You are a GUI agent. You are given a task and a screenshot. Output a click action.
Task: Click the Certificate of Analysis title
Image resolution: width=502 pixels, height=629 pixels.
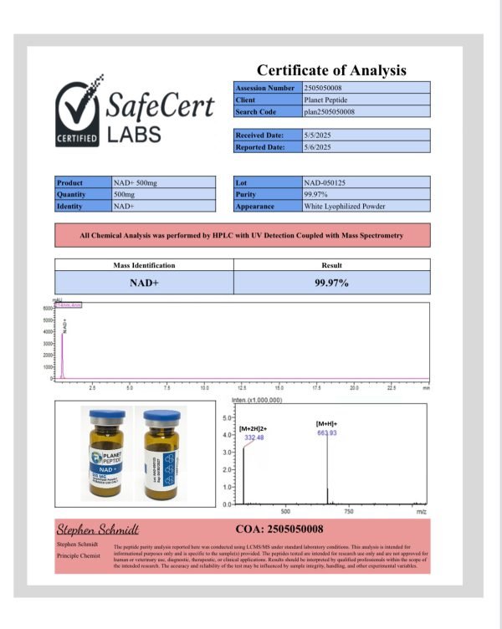(x=331, y=70)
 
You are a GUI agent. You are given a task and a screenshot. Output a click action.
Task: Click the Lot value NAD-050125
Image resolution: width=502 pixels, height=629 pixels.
(x=325, y=182)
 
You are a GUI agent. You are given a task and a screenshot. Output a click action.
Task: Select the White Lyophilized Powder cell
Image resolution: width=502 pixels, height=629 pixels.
(x=344, y=206)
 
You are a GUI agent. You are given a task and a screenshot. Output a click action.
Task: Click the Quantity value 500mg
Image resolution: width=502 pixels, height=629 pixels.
(x=125, y=193)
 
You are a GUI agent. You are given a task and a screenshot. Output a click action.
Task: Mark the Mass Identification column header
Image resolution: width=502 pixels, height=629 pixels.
(x=144, y=265)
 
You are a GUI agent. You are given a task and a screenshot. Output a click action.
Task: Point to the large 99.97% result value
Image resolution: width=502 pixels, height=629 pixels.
(x=331, y=283)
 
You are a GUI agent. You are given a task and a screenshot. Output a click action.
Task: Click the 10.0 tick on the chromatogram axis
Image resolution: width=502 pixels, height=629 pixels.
(x=205, y=389)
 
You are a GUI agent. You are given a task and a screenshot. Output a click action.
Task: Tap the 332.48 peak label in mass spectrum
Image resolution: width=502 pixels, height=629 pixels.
(x=254, y=437)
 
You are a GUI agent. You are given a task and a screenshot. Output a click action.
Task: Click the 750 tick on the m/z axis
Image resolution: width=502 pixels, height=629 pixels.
(x=349, y=510)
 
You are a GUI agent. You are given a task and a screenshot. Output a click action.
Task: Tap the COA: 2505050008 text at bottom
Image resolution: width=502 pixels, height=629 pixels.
(x=279, y=529)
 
